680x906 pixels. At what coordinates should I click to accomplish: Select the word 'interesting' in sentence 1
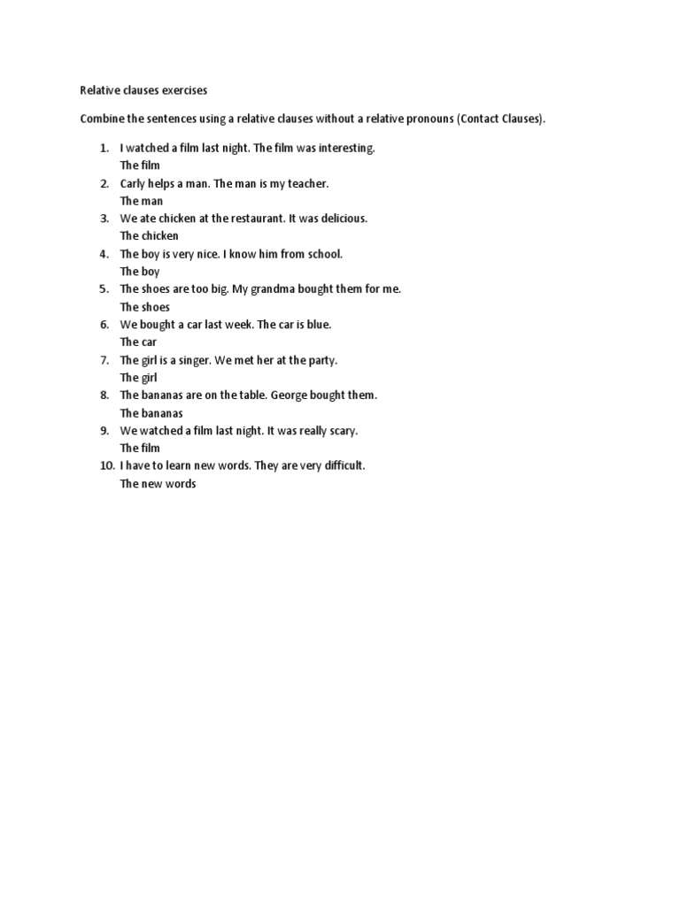pyautogui.click(x=345, y=148)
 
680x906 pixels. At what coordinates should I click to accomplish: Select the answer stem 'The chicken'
pyautogui.click(x=149, y=236)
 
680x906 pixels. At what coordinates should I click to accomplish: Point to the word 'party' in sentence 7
pyautogui.click(x=321, y=360)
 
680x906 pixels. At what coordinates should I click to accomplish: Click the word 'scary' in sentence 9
pyautogui.click(x=341, y=431)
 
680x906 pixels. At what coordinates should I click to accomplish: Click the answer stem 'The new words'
pyautogui.click(x=158, y=484)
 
